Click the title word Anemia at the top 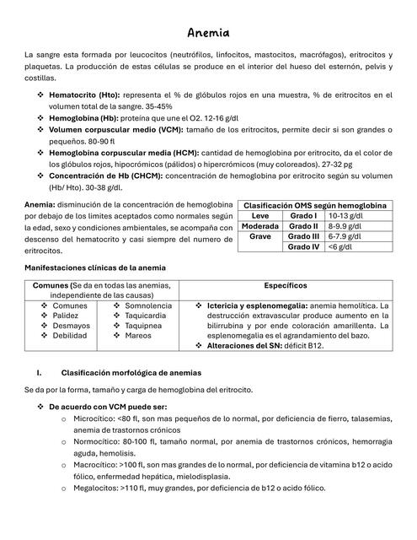[208, 33]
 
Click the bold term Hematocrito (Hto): [84, 95]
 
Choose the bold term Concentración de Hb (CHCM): [106, 175]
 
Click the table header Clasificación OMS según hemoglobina [314, 205]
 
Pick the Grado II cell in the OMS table [303, 226]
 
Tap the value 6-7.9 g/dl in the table [345, 236]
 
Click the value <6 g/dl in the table [341, 247]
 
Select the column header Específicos [285, 286]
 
